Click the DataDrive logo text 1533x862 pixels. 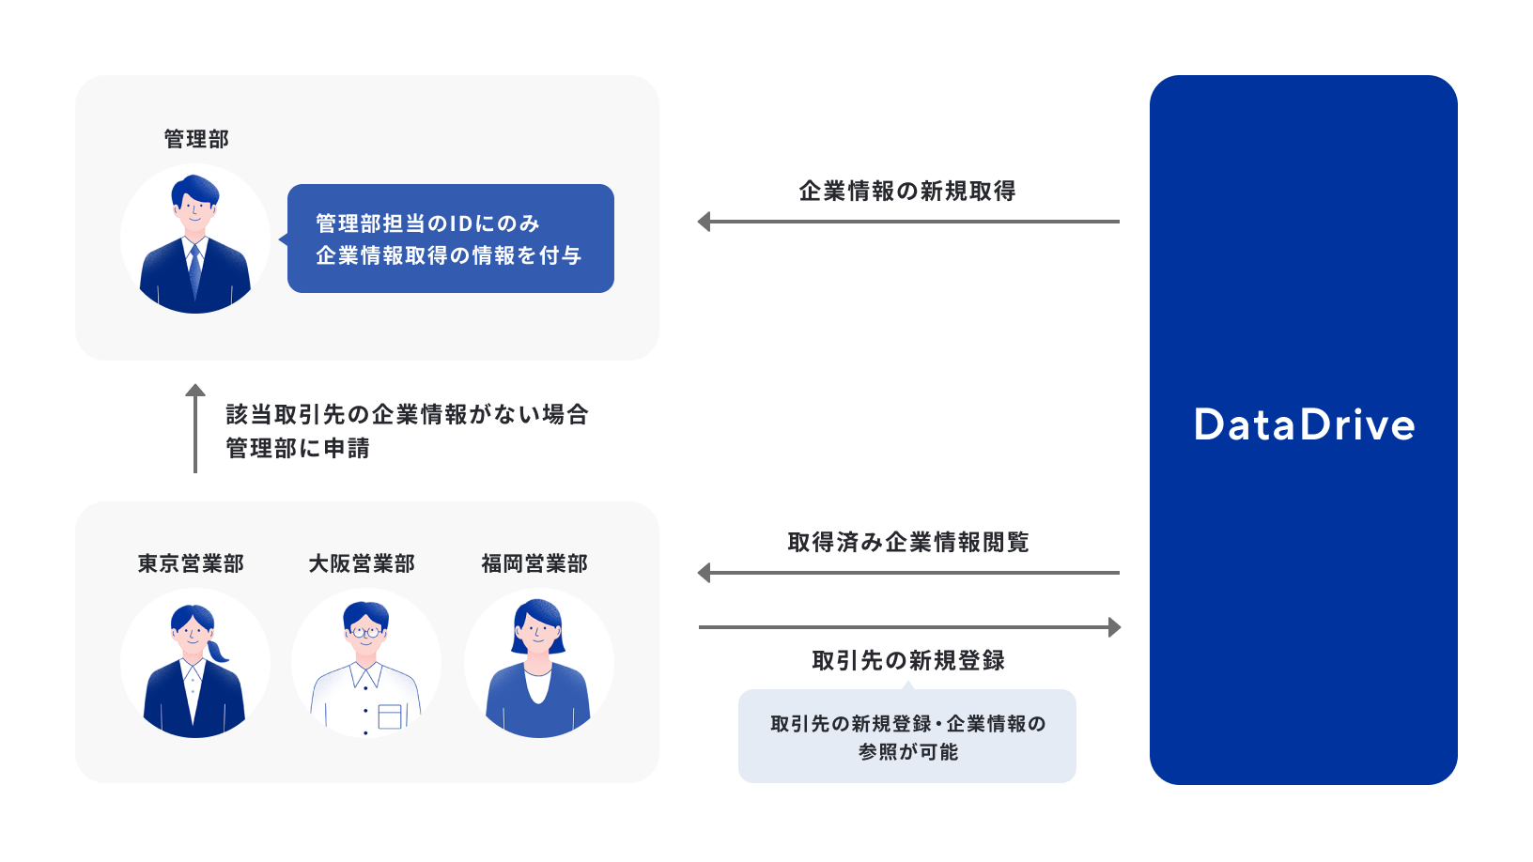click(1304, 425)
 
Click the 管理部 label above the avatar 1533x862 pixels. click(196, 139)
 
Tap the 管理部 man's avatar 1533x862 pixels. click(195, 239)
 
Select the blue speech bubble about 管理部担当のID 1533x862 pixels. click(451, 239)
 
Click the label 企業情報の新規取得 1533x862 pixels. click(907, 191)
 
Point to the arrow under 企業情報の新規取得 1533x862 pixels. click(907, 222)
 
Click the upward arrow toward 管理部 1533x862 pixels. click(195, 428)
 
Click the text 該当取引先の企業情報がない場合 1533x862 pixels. click(407, 414)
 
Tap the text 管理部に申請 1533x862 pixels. click(298, 448)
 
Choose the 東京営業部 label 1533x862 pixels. click(191, 563)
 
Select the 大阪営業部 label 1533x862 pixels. click(362, 563)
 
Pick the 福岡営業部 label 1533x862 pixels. click(534, 563)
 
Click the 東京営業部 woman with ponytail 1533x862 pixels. click(195, 664)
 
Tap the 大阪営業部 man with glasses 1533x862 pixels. click(366, 664)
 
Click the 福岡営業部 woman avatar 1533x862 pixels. click(538, 664)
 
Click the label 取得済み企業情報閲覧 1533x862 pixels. click(908, 542)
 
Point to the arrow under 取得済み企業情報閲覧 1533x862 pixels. click(907, 573)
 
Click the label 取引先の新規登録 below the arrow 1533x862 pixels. click(908, 660)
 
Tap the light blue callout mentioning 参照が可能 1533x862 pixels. click(907, 737)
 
